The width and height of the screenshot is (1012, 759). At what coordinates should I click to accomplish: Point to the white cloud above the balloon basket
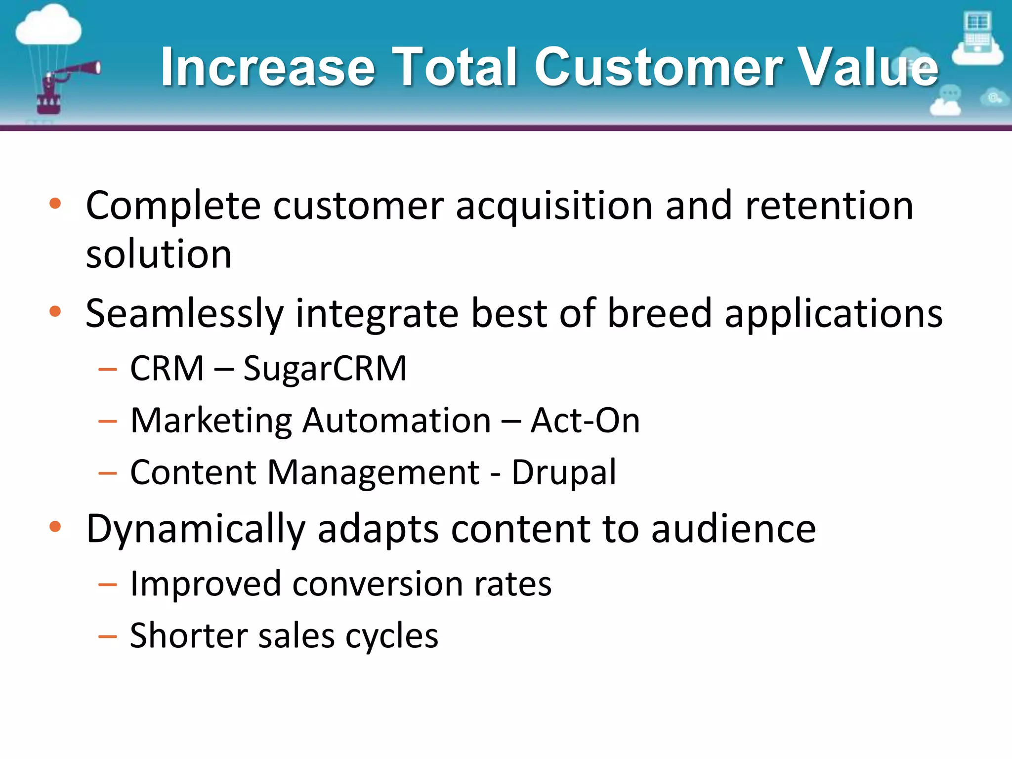(48, 27)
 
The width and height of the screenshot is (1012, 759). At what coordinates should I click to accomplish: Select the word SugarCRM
(325, 369)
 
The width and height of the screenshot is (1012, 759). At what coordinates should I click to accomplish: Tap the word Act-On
(585, 421)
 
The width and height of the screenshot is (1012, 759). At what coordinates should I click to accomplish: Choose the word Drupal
(564, 472)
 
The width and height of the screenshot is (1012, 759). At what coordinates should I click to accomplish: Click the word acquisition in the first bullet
(554, 206)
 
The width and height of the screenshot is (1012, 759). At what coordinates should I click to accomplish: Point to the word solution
(159, 254)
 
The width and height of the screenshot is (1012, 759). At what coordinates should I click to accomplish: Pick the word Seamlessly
(184, 314)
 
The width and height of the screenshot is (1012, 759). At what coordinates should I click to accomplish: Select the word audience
(733, 529)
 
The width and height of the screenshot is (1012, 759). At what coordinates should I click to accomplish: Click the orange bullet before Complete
(55, 203)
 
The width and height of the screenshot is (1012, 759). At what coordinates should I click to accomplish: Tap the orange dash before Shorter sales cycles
(108, 636)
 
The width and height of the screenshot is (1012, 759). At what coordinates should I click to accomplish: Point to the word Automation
(396, 421)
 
